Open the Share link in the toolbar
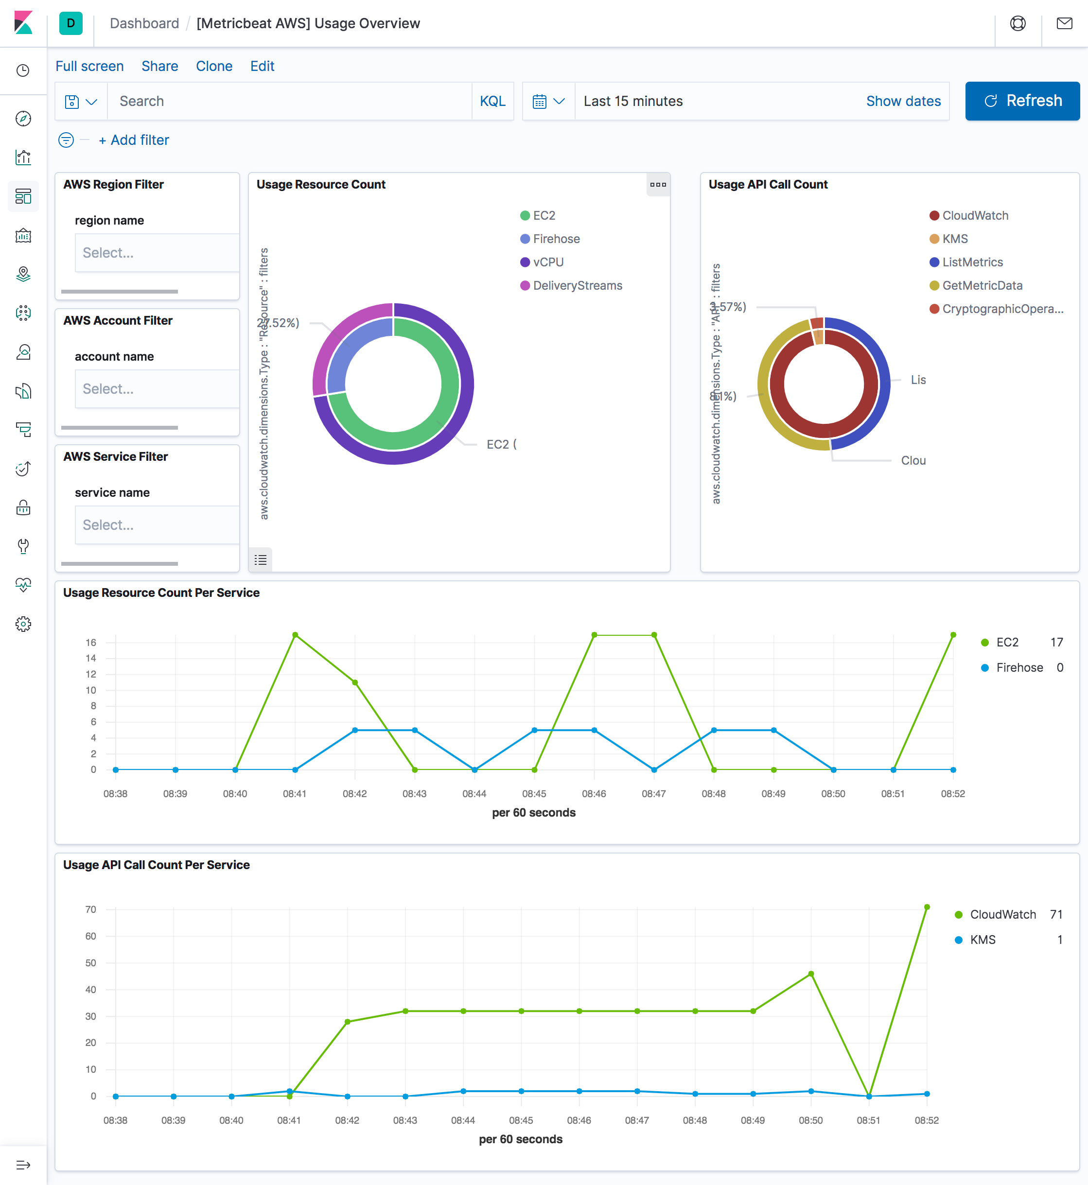click(159, 66)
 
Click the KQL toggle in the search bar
click(492, 101)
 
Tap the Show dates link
click(903, 101)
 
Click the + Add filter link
click(134, 140)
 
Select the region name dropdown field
click(157, 253)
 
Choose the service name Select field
click(157, 524)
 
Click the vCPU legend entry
click(547, 262)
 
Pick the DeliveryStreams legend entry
click(577, 285)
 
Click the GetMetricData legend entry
click(982, 285)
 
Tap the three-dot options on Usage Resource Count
click(658, 185)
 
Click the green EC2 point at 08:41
click(295, 635)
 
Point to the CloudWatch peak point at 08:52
click(927, 907)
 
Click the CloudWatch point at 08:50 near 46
click(811, 974)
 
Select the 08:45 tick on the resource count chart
click(534, 794)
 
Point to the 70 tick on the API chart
click(90, 909)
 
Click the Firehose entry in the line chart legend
click(1019, 667)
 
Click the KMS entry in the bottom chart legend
click(982, 940)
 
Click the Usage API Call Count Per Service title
click(156, 865)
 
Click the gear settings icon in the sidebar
click(23, 624)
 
